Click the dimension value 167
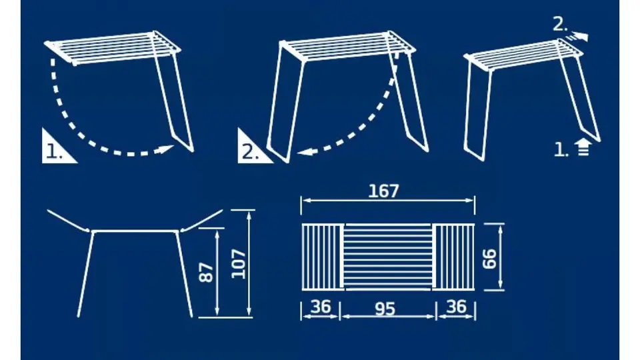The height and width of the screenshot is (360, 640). tap(383, 191)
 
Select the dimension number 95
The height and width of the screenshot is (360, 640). tap(385, 309)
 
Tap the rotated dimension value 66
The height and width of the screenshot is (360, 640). tap(489, 259)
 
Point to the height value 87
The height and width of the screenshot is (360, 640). tap(207, 272)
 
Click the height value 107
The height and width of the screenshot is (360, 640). tap(239, 264)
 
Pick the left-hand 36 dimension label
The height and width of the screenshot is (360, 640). tap(321, 307)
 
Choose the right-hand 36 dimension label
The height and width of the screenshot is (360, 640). tap(456, 307)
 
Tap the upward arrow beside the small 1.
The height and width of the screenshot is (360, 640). tap(583, 147)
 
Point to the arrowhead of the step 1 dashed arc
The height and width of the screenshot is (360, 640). tap(167, 149)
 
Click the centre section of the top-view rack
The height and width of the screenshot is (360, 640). tap(388, 257)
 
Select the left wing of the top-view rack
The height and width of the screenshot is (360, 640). tap(323, 257)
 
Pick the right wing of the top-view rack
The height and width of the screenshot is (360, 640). tap(453, 257)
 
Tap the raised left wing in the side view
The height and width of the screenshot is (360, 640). tap(69, 221)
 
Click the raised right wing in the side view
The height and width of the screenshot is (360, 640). tap(201, 221)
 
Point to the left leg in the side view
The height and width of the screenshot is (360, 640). tap(85, 274)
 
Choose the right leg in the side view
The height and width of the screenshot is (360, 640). tap(184, 274)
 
